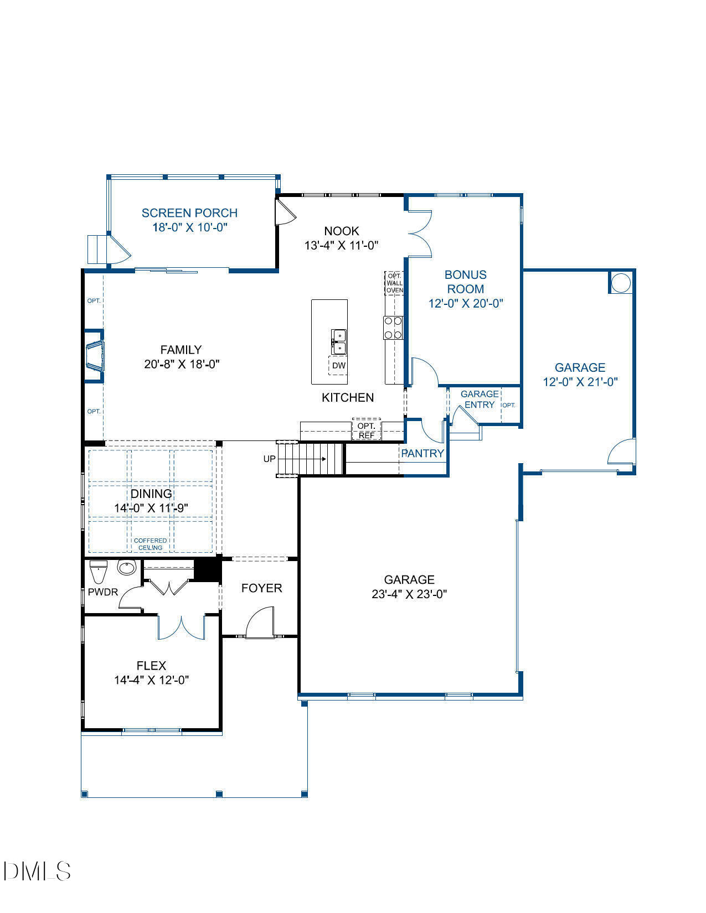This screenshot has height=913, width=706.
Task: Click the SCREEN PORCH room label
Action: pyautogui.click(x=189, y=213)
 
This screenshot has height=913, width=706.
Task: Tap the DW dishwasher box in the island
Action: pyautogui.click(x=338, y=366)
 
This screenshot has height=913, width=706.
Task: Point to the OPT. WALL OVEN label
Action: pyautogui.click(x=394, y=283)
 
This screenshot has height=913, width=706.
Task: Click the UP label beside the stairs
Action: pyautogui.click(x=269, y=459)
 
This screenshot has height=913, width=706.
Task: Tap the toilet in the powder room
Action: pyautogui.click(x=98, y=572)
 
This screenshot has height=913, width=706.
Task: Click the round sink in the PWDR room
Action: pyautogui.click(x=127, y=568)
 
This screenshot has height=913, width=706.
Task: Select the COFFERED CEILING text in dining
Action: pyautogui.click(x=150, y=544)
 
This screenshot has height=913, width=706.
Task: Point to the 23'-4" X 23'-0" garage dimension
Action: pyautogui.click(x=409, y=594)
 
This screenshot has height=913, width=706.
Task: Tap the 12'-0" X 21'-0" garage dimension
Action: pyautogui.click(x=580, y=382)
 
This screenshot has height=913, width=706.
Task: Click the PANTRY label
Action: pyautogui.click(x=422, y=453)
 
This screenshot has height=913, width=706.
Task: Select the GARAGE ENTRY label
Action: pyautogui.click(x=480, y=399)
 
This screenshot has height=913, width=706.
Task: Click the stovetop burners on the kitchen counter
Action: pyautogui.click(x=393, y=327)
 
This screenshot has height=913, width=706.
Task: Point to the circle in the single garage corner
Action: pyautogui.click(x=621, y=283)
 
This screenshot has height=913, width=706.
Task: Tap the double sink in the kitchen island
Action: pyautogui.click(x=338, y=341)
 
